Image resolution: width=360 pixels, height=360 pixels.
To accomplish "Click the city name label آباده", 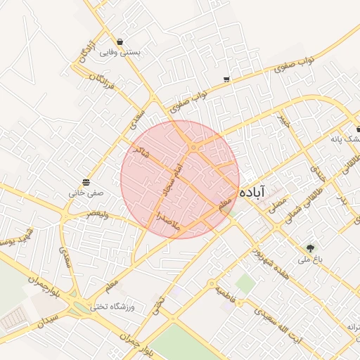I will pyautogui.click(x=252, y=191).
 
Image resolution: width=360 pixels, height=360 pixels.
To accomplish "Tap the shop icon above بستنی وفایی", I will pyautogui.click(x=121, y=42).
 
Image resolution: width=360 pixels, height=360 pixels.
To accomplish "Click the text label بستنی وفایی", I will pyautogui.click(x=120, y=52).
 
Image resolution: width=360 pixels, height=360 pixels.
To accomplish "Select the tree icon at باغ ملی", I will pyautogui.click(x=309, y=248).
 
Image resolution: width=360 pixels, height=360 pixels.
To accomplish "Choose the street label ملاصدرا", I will pyautogui.click(x=168, y=219).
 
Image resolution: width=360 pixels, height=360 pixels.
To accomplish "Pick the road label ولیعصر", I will pyautogui.click(x=98, y=214).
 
